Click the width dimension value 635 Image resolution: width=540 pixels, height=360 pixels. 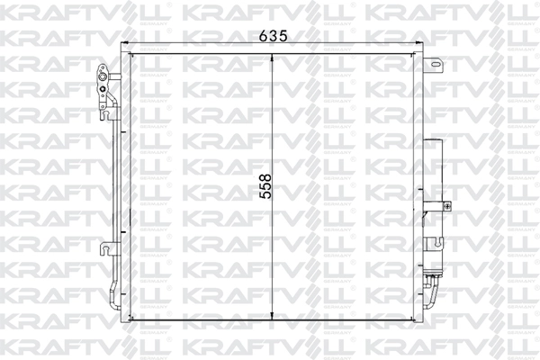click(272, 37)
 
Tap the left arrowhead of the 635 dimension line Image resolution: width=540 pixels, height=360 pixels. click(126, 46)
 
